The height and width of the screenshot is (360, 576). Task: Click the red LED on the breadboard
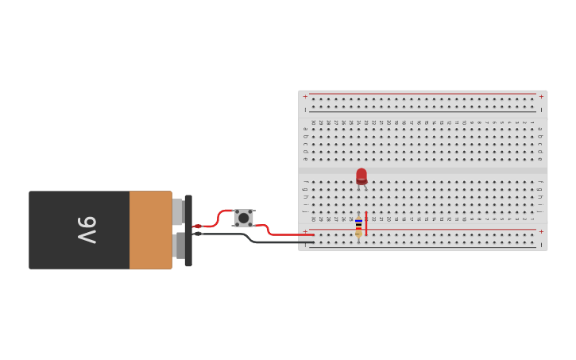coord(361,176)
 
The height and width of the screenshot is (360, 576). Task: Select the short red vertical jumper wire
coord(365,223)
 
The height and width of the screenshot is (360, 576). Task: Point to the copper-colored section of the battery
coord(150,230)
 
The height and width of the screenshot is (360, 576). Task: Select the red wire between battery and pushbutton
coord(215,220)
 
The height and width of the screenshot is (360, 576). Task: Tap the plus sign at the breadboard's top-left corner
coord(304,97)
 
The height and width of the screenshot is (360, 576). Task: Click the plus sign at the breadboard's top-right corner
coord(541,97)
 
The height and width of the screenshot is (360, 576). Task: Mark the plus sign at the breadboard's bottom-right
coord(541,231)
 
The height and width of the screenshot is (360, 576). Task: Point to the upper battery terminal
coord(177,211)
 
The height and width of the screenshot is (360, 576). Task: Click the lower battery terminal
coord(179,246)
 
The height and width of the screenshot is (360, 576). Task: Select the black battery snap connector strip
coord(188,230)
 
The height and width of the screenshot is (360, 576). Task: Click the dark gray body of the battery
coord(79,230)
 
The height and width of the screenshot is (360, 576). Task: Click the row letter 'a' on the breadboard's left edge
coord(304,129)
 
